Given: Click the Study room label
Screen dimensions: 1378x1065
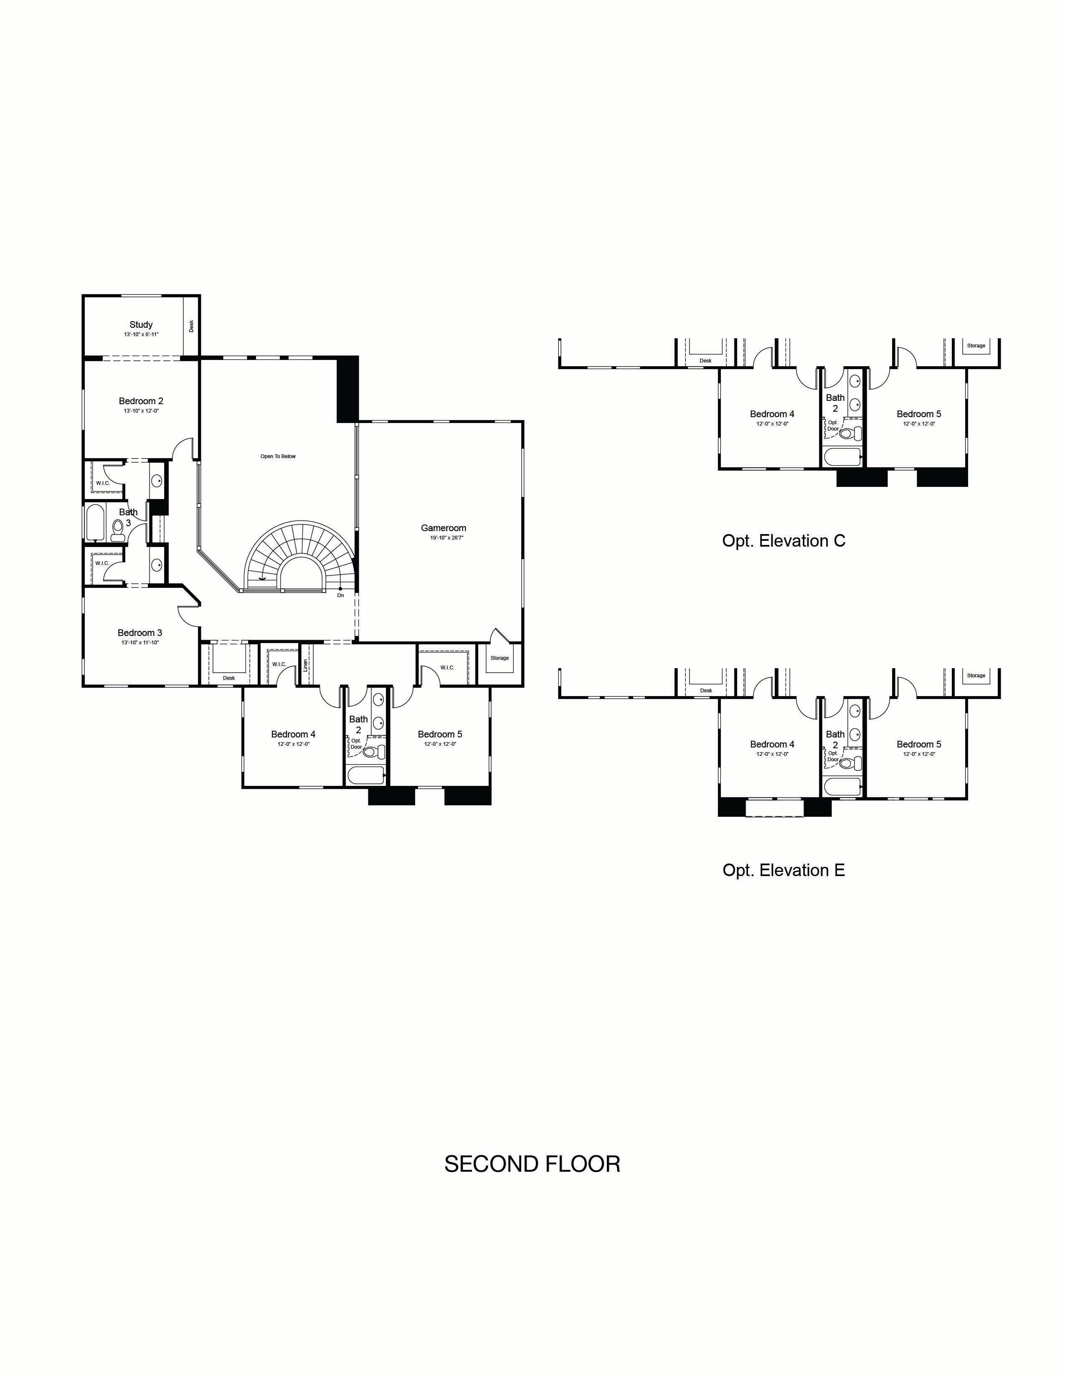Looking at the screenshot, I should [141, 324].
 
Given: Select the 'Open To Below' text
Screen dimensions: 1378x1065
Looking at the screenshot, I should [278, 456].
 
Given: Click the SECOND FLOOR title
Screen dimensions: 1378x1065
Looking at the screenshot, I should [532, 1164].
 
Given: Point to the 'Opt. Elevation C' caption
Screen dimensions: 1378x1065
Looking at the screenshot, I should [783, 541].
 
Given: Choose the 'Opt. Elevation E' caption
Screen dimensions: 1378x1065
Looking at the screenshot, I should [783, 870].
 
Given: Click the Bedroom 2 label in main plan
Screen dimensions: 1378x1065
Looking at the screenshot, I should [141, 400].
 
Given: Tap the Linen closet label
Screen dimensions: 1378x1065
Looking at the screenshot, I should [305, 664].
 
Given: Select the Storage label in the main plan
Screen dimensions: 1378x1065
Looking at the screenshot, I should [500, 658].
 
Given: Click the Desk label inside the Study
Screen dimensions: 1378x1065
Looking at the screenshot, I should [191, 326].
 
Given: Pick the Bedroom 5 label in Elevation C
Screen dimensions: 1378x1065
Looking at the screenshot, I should [919, 414].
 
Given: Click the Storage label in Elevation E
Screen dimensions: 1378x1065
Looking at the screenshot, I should [976, 675].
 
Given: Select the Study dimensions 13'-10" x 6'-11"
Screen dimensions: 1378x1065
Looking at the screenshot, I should [141, 334].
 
